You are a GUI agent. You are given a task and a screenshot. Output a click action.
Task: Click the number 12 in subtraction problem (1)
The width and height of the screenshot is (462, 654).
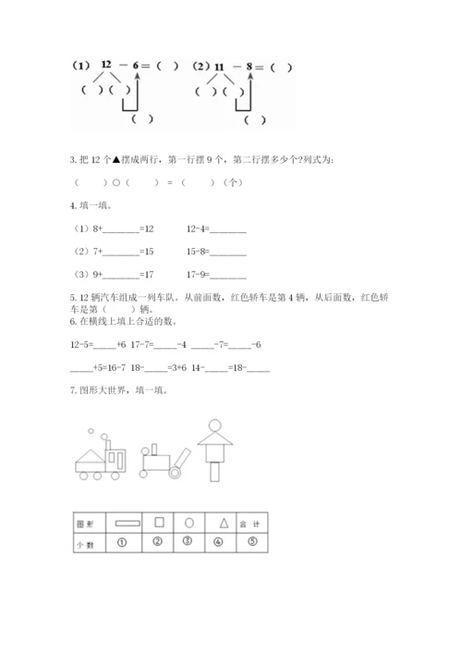pyautogui.click(x=108, y=66)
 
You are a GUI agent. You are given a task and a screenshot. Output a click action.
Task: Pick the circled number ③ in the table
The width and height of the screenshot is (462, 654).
pyautogui.click(x=188, y=542)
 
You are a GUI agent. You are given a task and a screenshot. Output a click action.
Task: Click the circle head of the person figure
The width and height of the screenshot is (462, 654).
pyautogui.click(x=214, y=426)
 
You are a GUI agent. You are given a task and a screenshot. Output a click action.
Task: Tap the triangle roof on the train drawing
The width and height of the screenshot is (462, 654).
pyautogui.click(x=91, y=457)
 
